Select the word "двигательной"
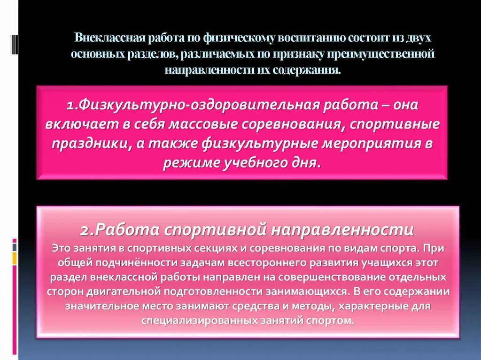click(x=124, y=291)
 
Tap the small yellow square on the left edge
click(x=15, y=258)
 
